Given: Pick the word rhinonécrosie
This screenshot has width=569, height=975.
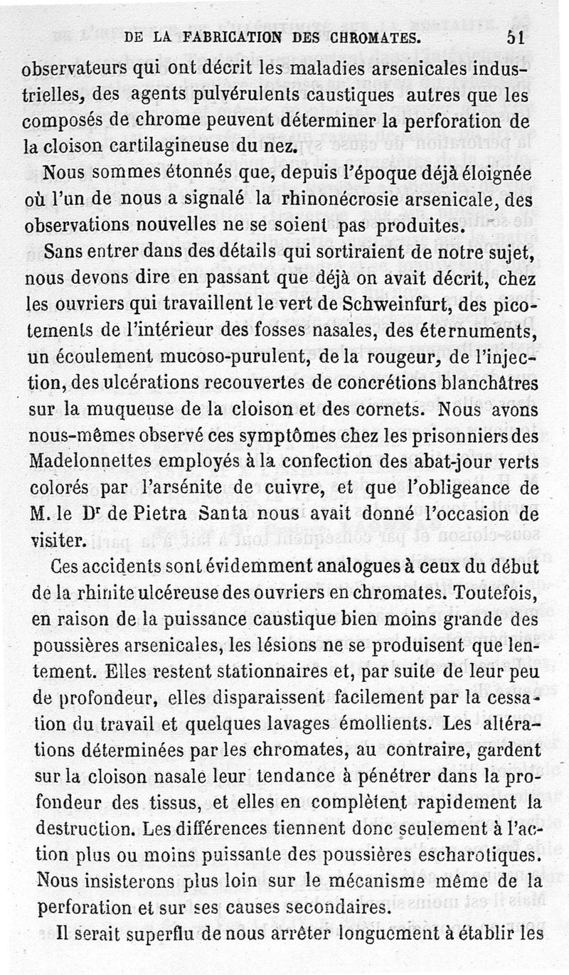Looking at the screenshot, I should (x=337, y=198).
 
